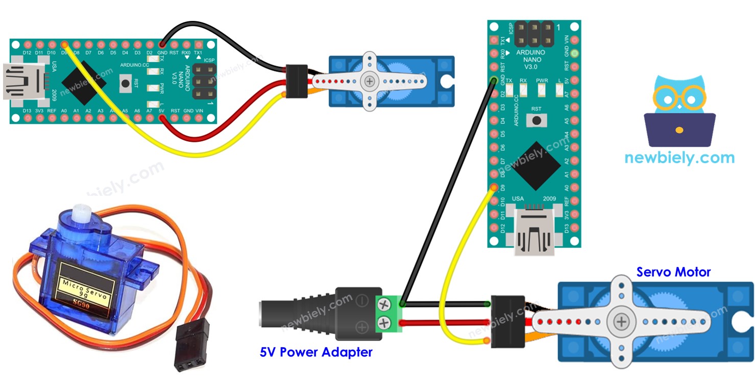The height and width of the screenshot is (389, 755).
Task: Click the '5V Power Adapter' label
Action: point(316,352)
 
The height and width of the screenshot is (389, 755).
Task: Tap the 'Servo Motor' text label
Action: point(673,272)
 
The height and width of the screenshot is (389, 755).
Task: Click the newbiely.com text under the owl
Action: point(679,158)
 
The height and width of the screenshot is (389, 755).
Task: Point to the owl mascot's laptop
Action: point(679,130)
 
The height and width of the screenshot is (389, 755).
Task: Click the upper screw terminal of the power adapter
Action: point(384,304)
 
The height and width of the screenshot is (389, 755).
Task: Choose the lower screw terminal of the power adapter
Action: point(384,323)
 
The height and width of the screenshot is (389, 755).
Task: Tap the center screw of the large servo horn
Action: point(621,321)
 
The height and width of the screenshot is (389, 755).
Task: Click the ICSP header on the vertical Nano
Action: point(534,33)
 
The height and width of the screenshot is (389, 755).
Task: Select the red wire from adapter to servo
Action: point(444,322)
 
